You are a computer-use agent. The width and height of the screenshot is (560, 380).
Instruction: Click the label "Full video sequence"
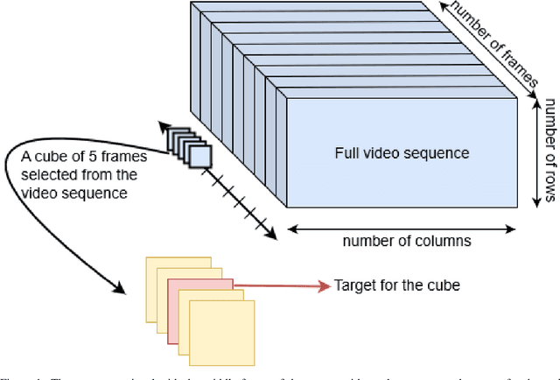point(402,153)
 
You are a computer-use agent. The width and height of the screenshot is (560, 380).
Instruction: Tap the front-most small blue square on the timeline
point(199,155)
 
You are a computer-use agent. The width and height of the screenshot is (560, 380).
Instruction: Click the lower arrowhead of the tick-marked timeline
point(271,236)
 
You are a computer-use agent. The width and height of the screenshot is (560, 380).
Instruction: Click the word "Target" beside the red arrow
point(353,285)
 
